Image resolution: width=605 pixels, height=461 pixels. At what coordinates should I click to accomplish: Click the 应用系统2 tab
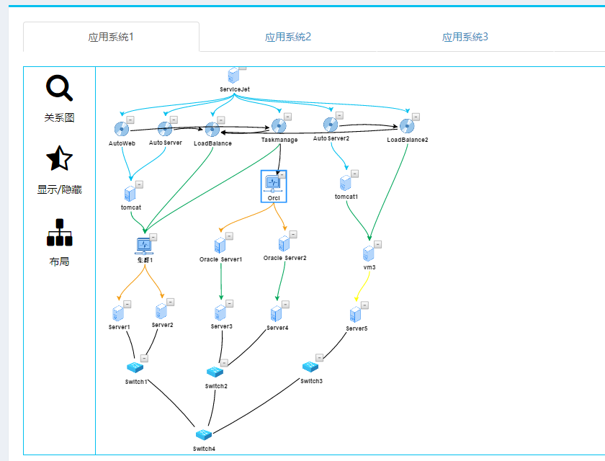coord(288,37)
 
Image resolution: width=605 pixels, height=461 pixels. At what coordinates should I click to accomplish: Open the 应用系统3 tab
coord(465,37)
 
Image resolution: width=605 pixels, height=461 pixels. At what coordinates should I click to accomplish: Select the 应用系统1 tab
coord(111,37)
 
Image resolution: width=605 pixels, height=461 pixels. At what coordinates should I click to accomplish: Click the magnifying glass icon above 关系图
coord(59,89)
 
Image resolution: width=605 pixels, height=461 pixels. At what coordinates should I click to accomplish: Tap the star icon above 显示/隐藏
coord(59,159)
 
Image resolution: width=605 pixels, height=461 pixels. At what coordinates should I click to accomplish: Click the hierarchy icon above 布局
coord(59,233)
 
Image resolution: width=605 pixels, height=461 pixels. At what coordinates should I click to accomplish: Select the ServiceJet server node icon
coord(233,76)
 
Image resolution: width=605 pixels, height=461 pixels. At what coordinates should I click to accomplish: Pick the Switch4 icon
coord(204,434)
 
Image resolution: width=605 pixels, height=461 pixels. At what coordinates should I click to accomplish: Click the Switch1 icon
coord(135,367)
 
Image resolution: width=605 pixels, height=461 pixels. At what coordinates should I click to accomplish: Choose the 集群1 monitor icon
coord(144,246)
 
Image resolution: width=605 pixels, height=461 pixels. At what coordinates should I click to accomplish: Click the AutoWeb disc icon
coord(121,129)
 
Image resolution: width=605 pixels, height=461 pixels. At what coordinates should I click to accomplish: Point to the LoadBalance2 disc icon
coord(407,127)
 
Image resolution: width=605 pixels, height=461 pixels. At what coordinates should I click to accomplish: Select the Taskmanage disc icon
coord(279,126)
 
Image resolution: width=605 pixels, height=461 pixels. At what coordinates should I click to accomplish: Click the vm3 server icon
coord(369,254)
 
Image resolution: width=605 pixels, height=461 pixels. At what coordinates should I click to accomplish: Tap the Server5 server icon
coord(354,315)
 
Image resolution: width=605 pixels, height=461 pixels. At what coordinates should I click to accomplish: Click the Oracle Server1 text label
coord(221,259)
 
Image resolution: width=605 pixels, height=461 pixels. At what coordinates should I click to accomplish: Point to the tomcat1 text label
coord(346,197)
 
